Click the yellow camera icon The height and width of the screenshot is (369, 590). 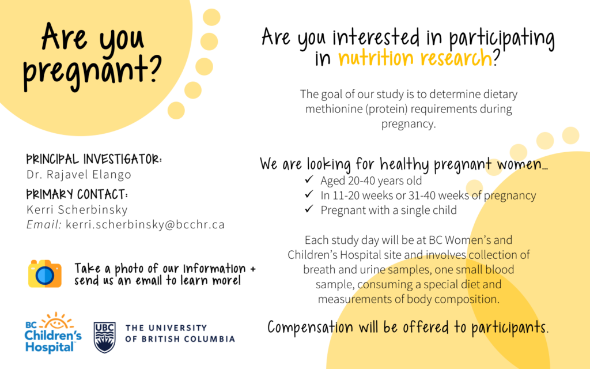[45, 273]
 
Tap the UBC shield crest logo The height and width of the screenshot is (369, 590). [105, 337]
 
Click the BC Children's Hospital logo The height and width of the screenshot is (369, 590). [53, 333]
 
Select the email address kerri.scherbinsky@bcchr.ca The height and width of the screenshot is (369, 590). [145, 225]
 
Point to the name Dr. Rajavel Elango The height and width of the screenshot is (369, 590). [78, 174]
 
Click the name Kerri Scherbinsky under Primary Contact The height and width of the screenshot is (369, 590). [77, 209]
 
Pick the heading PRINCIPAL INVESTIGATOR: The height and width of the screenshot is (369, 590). [94, 159]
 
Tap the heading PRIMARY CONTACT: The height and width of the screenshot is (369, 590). [77, 194]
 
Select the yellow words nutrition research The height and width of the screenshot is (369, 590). [415, 58]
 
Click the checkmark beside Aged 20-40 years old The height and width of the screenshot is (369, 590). [309, 180]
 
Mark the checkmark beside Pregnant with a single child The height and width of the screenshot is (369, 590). [309, 209]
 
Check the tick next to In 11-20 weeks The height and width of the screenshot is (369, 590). [309, 194]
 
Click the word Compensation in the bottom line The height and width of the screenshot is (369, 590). [311, 327]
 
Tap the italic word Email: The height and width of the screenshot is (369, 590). [44, 225]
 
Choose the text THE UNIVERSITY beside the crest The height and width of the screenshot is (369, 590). [167, 328]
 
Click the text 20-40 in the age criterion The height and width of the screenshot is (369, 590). [361, 180]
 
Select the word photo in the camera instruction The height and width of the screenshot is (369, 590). [129, 269]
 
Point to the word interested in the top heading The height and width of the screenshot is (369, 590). [376, 37]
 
